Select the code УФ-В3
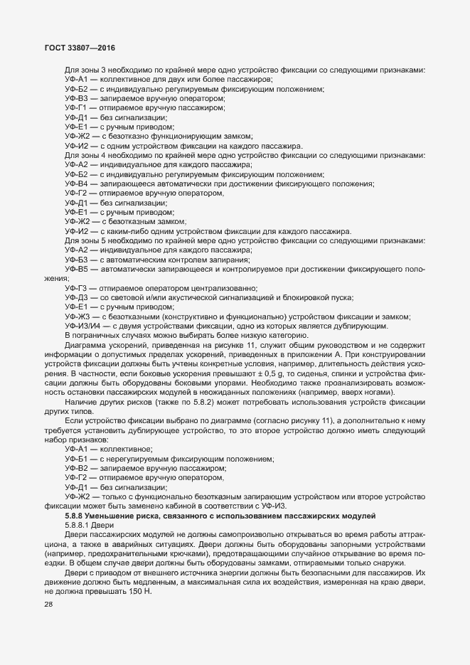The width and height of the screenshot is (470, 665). (76, 98)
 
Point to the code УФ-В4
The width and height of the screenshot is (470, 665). (76, 184)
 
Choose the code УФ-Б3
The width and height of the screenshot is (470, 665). (76, 260)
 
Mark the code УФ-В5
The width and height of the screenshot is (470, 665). (76, 270)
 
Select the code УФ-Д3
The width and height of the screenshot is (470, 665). (76, 297)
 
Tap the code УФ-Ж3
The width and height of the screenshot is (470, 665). (76, 316)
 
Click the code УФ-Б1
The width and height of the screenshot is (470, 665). (76, 459)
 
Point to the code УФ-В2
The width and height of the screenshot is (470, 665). (76, 469)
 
